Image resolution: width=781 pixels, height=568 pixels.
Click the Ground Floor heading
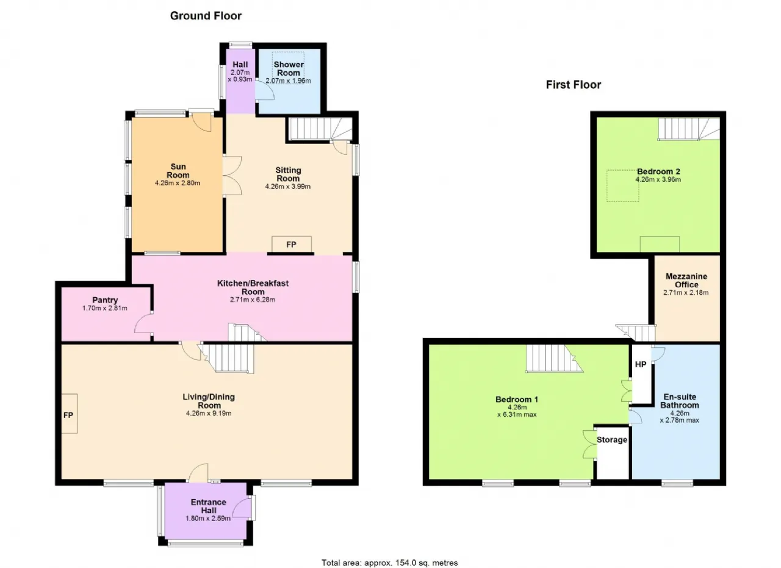coord(206,16)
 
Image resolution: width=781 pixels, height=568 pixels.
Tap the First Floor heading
coord(574,85)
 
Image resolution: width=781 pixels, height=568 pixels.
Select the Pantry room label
coord(105,300)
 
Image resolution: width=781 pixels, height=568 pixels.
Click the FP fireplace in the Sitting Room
coord(292,244)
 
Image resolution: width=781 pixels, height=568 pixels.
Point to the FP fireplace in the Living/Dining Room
coord(69,414)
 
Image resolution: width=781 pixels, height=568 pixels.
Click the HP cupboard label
coord(641,364)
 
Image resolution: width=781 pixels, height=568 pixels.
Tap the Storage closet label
coord(612,440)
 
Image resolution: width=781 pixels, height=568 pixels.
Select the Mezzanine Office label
coord(686,280)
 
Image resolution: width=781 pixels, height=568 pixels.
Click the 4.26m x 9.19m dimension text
coord(209,414)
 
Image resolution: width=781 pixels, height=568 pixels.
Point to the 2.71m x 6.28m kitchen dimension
coord(253,300)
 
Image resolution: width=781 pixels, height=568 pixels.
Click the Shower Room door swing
coord(264,89)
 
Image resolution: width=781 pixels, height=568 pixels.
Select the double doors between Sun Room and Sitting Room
coord(232,175)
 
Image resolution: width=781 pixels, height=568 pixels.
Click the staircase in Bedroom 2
coord(689,129)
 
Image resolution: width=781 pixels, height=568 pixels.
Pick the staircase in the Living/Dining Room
coord(227,359)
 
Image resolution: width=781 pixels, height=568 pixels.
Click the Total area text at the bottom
coord(389,553)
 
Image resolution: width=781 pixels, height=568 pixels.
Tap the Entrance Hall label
coord(209,506)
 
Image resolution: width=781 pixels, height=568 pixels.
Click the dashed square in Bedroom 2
coord(623,185)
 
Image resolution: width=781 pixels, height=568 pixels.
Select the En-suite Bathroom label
coord(680,401)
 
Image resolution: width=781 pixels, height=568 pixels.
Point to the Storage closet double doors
coord(589,444)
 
